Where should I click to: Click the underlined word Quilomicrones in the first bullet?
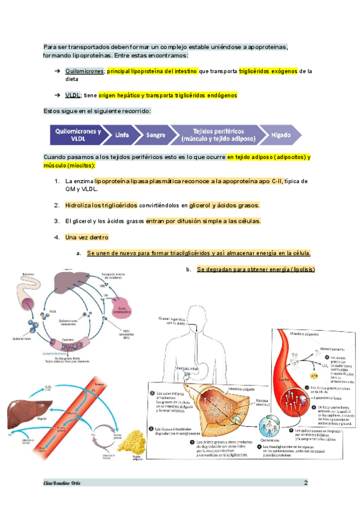[x=85, y=71]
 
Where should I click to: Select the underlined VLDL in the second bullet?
[x=74, y=95]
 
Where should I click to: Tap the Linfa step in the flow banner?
[x=122, y=134]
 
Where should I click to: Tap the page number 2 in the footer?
[x=305, y=483]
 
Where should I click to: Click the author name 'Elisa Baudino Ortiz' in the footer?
[x=62, y=483]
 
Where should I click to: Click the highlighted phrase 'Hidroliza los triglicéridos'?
[x=101, y=205]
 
